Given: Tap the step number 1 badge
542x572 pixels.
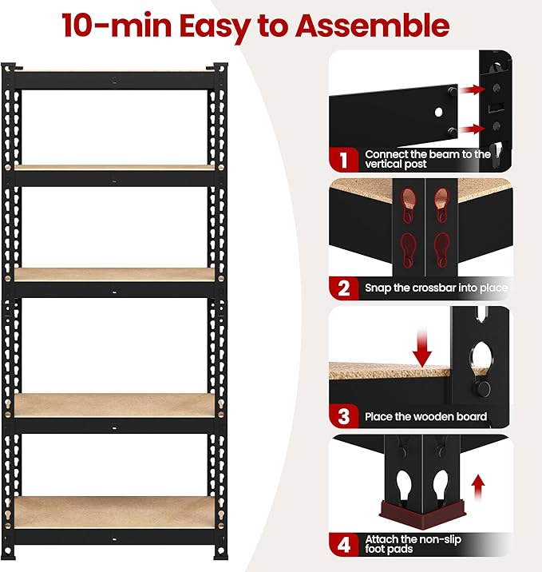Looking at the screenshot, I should (x=343, y=159).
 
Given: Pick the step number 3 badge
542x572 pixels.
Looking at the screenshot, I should (x=343, y=416).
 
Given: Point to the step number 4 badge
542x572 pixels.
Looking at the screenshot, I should (x=343, y=545).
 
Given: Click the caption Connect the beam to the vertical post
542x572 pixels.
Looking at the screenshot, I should (x=427, y=159).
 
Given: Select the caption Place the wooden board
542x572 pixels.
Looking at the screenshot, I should (x=425, y=416).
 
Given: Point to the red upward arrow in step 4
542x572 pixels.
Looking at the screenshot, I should (x=477, y=484).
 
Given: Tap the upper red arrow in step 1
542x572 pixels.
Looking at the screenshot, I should (x=473, y=90).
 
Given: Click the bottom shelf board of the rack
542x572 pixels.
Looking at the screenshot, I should (x=116, y=511).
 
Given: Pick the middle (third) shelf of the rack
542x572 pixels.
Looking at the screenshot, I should (x=116, y=274).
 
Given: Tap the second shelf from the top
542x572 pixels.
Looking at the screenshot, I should (x=116, y=168).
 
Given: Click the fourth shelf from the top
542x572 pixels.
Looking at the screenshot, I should (x=116, y=405).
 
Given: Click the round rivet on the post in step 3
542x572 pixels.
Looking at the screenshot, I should (x=483, y=387).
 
